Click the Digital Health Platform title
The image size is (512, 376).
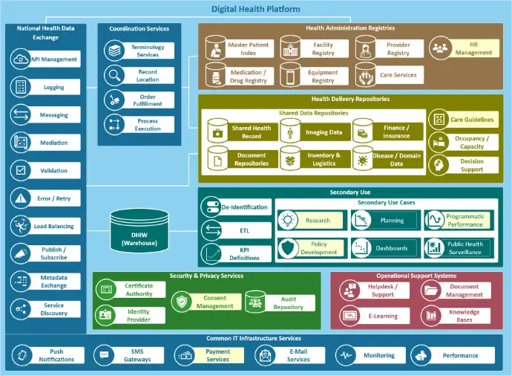pyautogui.click(x=255, y=9)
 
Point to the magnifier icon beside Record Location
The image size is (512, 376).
pyautogui.click(x=114, y=75)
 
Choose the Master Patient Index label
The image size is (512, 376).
pyautogui.click(x=248, y=49)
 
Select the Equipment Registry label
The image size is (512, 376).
pyautogui.click(x=323, y=77)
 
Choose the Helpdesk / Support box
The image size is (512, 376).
pyautogui.click(x=381, y=291)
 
